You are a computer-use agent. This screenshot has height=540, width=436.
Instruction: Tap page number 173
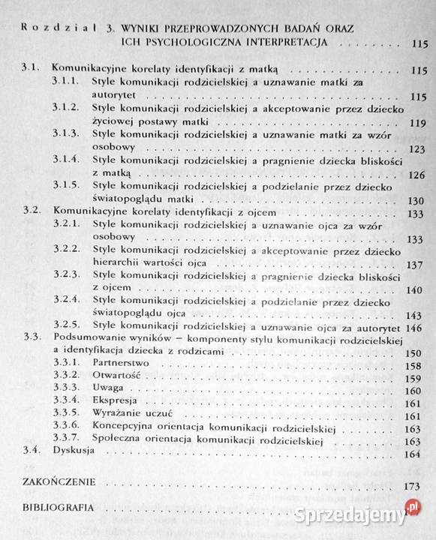point(410,487)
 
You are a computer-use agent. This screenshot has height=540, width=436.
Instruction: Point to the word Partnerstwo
point(120,363)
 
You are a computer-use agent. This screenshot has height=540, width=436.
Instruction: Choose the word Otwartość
point(116,376)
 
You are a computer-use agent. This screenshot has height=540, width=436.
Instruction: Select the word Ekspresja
point(115,402)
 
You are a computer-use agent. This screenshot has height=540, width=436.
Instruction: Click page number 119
point(413,121)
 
